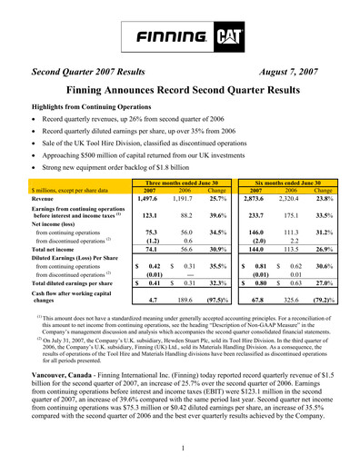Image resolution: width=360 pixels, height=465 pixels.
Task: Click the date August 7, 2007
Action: click(x=295, y=69)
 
